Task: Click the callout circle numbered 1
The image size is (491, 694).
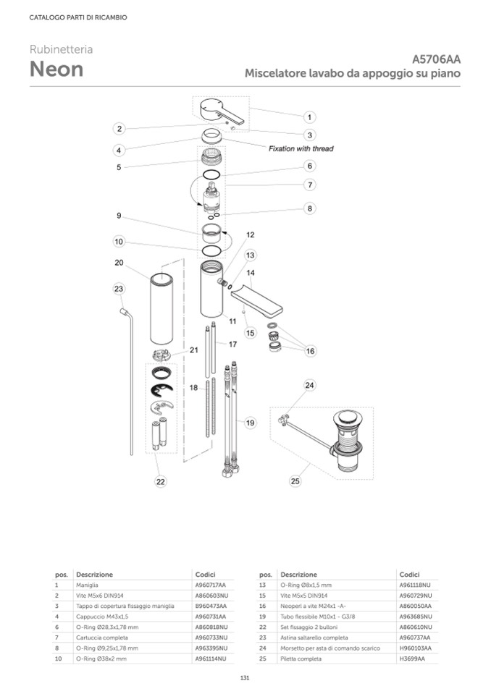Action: (x=309, y=117)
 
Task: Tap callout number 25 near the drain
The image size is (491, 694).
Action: (x=295, y=480)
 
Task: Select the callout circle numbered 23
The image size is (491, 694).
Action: (x=119, y=289)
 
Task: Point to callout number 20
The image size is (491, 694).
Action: (x=119, y=263)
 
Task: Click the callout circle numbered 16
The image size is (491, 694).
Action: (x=311, y=351)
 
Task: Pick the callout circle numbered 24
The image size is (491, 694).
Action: (x=309, y=385)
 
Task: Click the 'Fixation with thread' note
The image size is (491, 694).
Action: (x=301, y=149)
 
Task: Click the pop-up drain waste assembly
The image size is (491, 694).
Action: (x=346, y=441)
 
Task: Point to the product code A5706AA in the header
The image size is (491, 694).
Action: (x=437, y=59)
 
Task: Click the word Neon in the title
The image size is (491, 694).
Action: (x=56, y=69)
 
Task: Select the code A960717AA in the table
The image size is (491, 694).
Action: (x=211, y=585)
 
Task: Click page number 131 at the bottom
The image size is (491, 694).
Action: (x=245, y=677)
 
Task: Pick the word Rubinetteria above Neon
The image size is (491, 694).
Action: (x=61, y=49)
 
